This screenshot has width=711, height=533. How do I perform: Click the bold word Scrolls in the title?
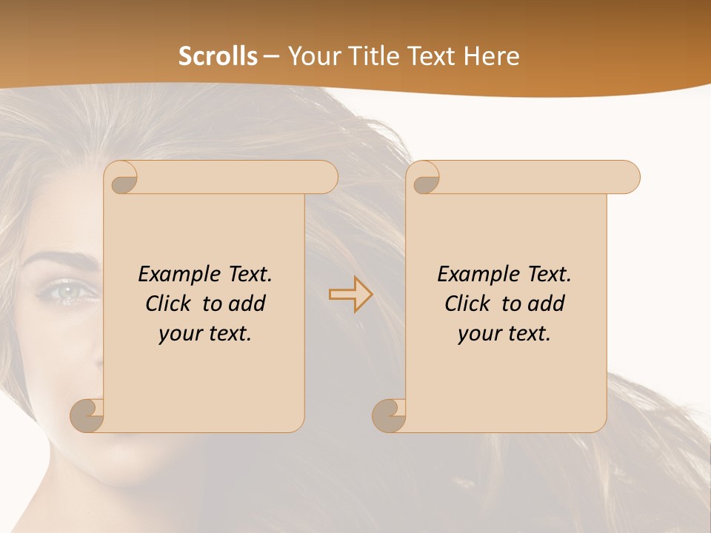click(218, 56)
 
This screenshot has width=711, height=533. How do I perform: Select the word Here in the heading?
click(492, 56)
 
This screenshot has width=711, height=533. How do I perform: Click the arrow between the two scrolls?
click(350, 295)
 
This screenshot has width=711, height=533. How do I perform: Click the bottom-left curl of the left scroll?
click(87, 416)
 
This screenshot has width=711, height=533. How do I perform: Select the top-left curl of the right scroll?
click(425, 178)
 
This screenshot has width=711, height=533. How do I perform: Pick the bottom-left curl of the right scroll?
click(389, 416)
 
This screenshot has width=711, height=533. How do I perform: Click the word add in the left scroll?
click(248, 304)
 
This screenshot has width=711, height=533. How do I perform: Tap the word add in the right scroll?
click(547, 304)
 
